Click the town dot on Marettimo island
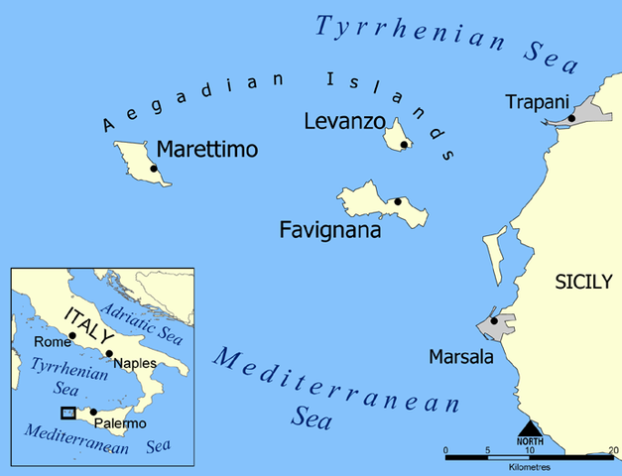(x=154, y=169)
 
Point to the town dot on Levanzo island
(x=404, y=145)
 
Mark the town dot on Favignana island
(x=398, y=201)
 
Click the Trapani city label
(x=536, y=102)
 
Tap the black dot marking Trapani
(x=571, y=119)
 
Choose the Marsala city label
(x=460, y=355)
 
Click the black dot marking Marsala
(x=494, y=321)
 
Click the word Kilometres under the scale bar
(x=533, y=464)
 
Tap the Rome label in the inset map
(x=53, y=342)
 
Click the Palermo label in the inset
(x=122, y=424)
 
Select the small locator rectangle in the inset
(x=67, y=413)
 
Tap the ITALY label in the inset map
(x=88, y=326)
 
